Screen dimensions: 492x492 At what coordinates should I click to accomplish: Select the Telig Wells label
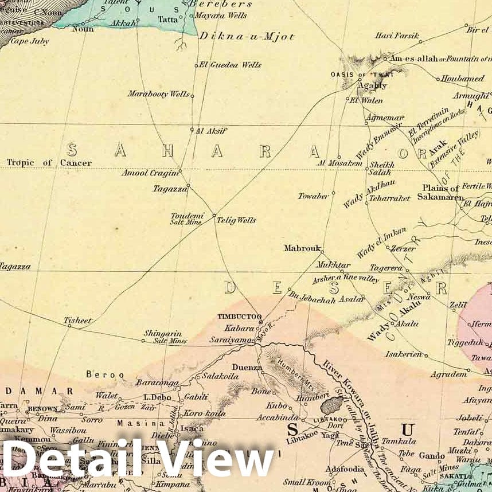(236, 220)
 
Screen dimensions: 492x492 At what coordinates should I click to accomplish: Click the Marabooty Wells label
(158, 93)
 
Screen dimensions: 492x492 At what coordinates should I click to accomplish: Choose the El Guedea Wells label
(231, 65)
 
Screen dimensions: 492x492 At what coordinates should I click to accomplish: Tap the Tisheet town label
(77, 321)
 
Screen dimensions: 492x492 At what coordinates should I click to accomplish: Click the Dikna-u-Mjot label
(247, 37)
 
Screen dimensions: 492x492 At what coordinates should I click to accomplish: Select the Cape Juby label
(30, 41)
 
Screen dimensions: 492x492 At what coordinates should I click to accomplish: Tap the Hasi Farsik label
(397, 36)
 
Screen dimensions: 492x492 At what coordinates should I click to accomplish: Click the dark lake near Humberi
(331, 406)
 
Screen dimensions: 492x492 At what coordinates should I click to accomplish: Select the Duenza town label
(247, 368)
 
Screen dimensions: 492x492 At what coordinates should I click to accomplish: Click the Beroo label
(105, 374)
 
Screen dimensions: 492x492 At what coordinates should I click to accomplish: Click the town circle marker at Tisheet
(69, 326)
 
